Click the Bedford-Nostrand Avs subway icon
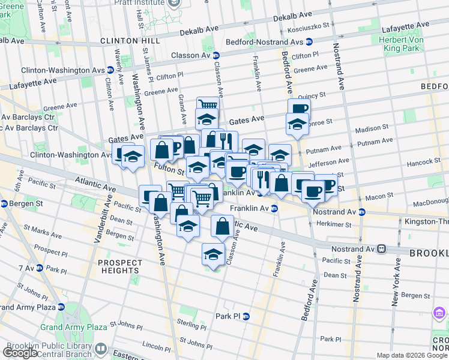pyautogui.click(x=309, y=41)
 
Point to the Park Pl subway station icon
pyautogui.click(x=246, y=316)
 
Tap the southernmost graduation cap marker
pyautogui.click(x=212, y=253)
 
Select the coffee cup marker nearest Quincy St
pyautogui.click(x=298, y=108)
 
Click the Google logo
pyautogui.click(x=20, y=353)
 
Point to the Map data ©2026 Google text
pyautogui.click(x=412, y=355)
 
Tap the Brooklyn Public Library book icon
pyautogui.click(x=101, y=349)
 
